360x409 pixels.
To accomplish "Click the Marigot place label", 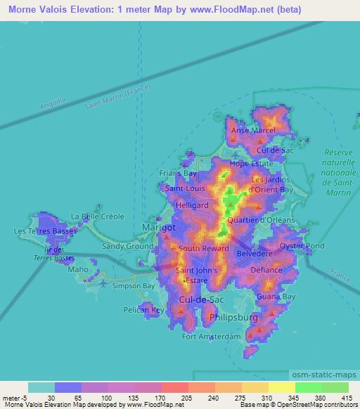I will coord(158,228).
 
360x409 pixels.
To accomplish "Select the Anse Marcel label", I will coord(253,131).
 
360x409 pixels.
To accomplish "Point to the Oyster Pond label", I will coord(302,246).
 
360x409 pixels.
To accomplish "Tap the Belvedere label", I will coord(254,252).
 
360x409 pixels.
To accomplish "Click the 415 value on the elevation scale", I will coord(346,397).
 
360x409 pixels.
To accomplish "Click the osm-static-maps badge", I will coord(326,377).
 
